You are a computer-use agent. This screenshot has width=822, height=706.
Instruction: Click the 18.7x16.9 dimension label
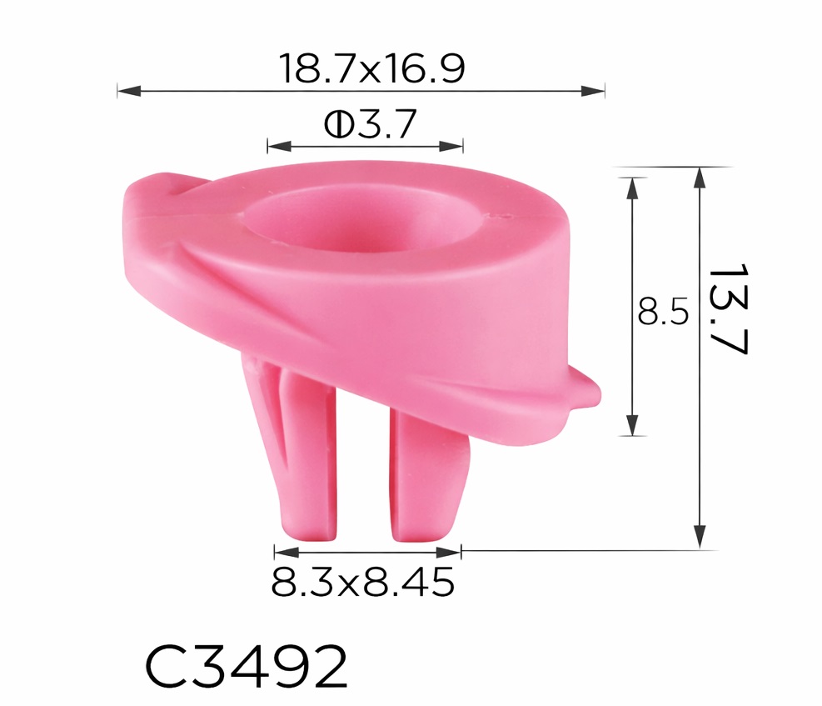click(373, 68)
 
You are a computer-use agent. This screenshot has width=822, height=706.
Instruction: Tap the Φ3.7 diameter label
click(370, 124)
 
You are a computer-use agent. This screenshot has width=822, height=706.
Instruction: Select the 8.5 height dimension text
click(663, 312)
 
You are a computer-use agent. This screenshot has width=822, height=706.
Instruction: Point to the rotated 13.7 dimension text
click(728, 309)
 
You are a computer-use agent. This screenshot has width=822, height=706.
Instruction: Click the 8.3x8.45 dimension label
click(362, 582)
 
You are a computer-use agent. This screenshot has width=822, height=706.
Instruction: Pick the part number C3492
click(246, 666)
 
